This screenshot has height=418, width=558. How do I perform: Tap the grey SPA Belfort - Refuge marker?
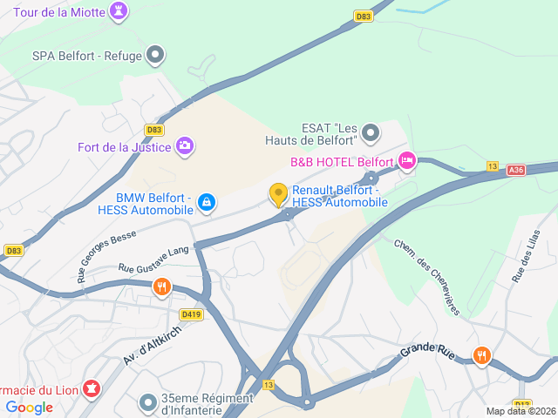click(155, 56)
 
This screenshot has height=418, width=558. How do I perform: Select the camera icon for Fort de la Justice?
click(184, 145)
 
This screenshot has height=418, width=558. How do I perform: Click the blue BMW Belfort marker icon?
click(205, 202)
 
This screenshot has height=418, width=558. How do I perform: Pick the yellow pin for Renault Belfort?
click(279, 194)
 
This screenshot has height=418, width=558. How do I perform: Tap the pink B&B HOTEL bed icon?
click(406, 161)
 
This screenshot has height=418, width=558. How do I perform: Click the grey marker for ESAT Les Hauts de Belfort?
click(371, 133)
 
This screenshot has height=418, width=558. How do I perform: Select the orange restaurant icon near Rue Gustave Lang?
click(161, 287)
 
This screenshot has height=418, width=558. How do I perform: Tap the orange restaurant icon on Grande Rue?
click(481, 354)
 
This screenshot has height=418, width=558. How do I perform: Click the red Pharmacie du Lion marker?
click(90, 387)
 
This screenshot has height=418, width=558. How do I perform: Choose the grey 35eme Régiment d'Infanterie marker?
click(147, 402)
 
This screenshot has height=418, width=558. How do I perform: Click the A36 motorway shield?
click(516, 170)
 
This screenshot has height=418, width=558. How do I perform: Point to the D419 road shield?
click(191, 314)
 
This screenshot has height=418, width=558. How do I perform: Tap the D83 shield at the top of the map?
click(364, 16)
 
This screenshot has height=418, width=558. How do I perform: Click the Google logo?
click(29, 408)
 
